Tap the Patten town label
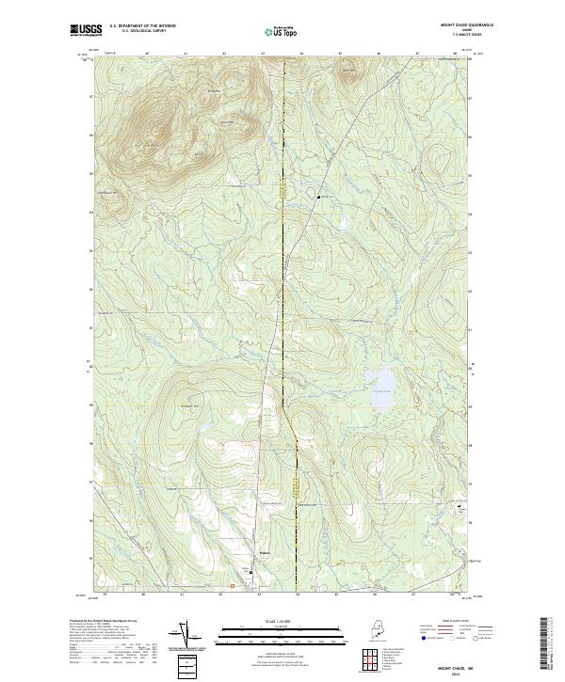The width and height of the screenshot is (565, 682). click(266, 553)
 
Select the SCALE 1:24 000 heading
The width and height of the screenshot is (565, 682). click(282, 620)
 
